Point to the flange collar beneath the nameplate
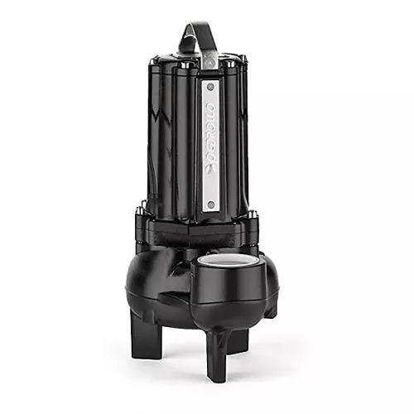click(x=207, y=228)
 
